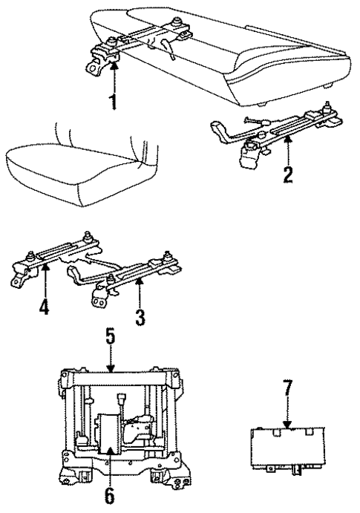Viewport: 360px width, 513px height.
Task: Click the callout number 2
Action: click(x=287, y=175)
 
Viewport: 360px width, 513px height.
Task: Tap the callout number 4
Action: click(x=44, y=306)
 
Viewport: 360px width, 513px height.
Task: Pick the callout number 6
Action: click(x=111, y=494)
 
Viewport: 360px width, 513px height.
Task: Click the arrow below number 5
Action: click(x=110, y=363)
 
